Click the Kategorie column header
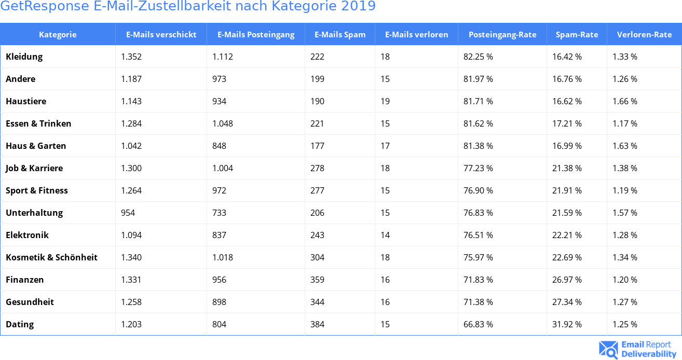(58, 35)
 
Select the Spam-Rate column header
(577, 35)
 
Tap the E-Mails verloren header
(416, 35)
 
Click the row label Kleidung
(24, 57)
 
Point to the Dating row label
(20, 324)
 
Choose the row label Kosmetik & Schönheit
(51, 257)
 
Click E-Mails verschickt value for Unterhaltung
(128, 213)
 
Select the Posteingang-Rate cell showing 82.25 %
(478, 57)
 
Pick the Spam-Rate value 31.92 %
(567, 324)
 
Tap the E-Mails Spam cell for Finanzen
(317, 280)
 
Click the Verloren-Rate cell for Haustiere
(625, 101)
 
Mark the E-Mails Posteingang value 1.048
(223, 123)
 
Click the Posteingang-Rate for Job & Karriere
(478, 168)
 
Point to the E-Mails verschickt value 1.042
(131, 146)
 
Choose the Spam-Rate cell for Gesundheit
(567, 302)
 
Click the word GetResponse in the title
(39, 7)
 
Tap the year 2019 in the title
(358, 7)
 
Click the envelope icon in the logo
(608, 350)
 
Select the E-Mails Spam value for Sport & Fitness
(317, 190)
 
